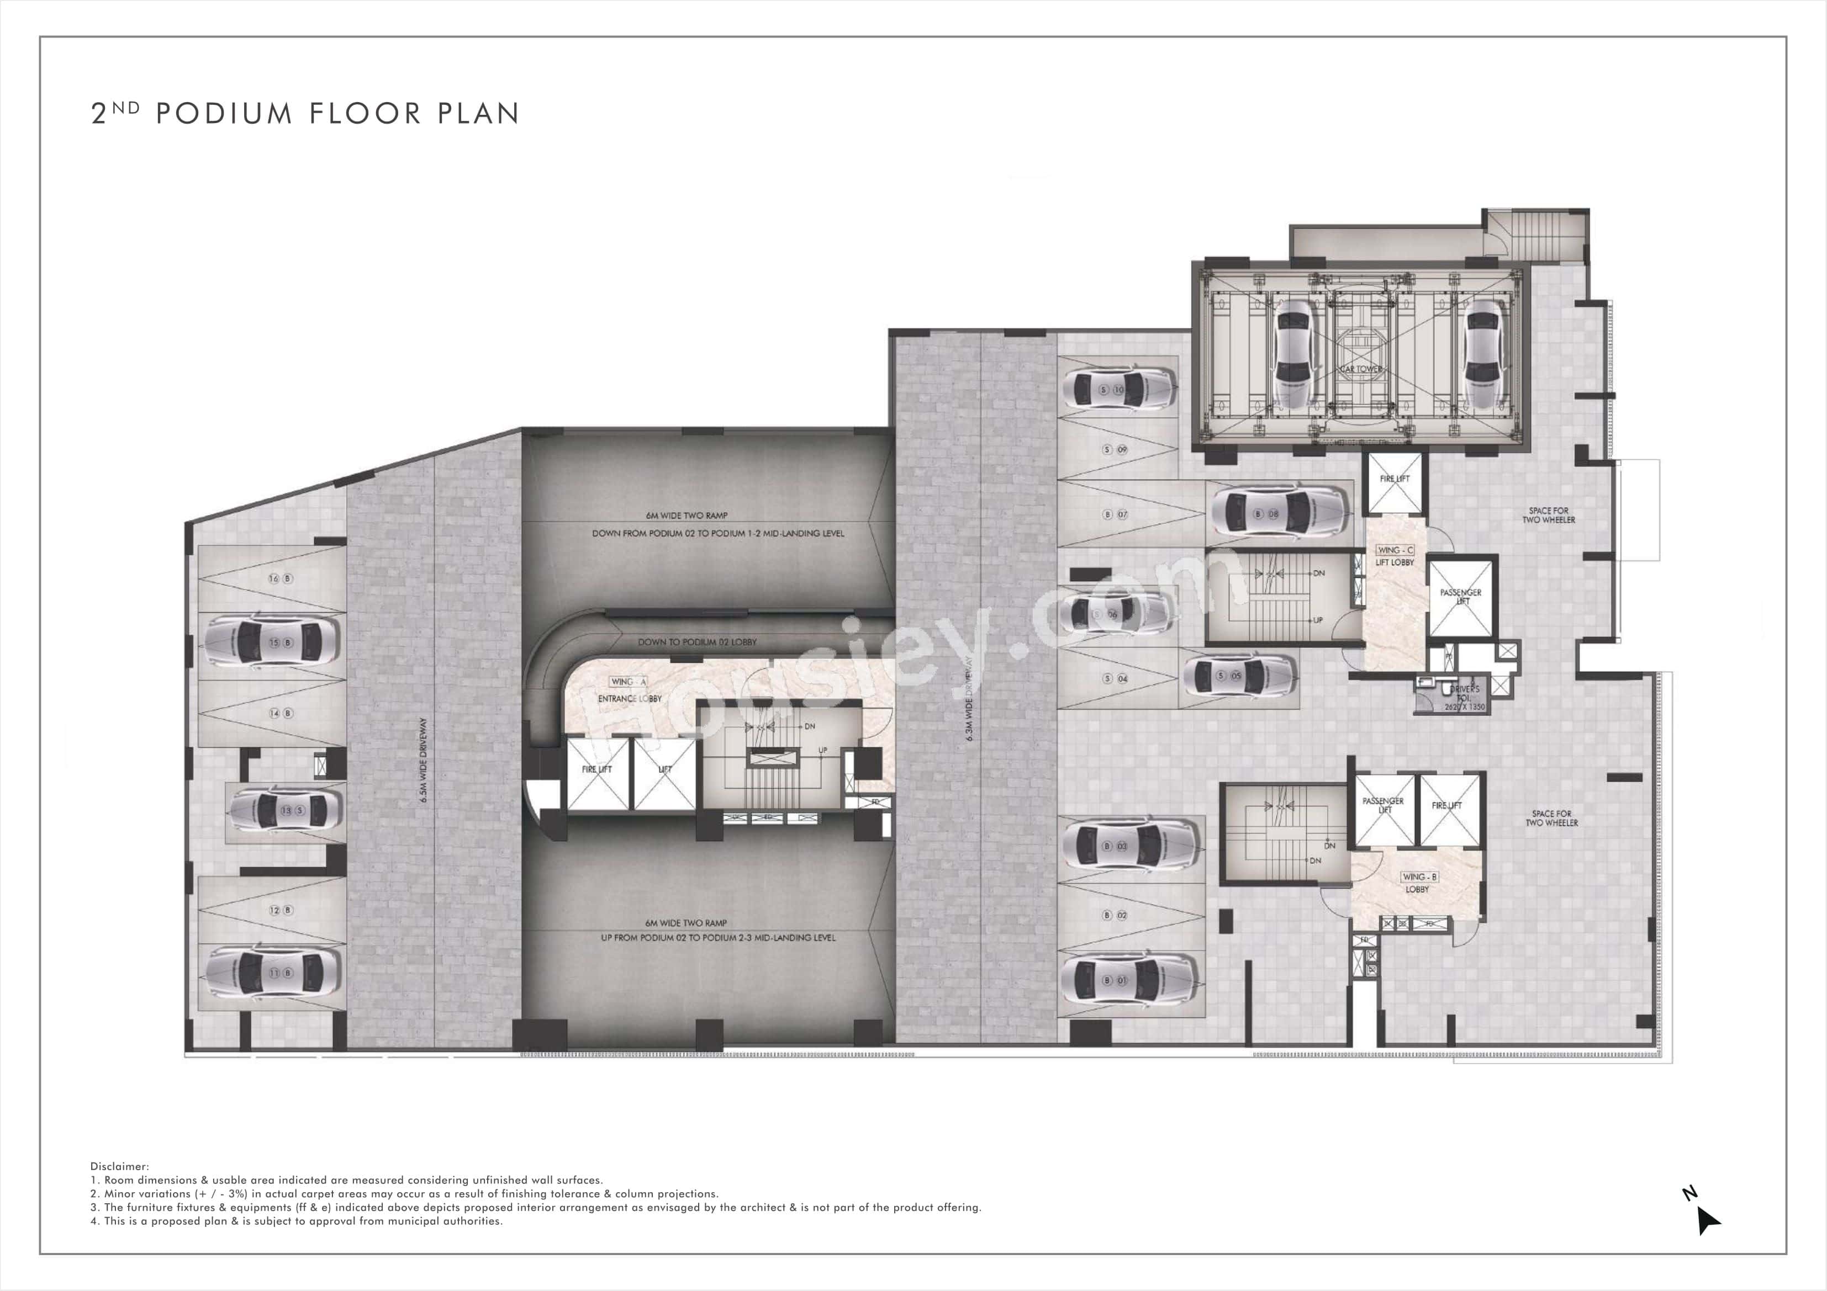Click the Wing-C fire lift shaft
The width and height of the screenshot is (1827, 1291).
(x=1394, y=483)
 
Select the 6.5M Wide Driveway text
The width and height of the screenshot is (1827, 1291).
(x=423, y=759)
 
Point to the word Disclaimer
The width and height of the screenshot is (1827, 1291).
(x=119, y=1166)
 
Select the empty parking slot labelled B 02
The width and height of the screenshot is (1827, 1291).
(x=1114, y=916)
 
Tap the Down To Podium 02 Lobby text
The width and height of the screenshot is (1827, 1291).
(x=696, y=642)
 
